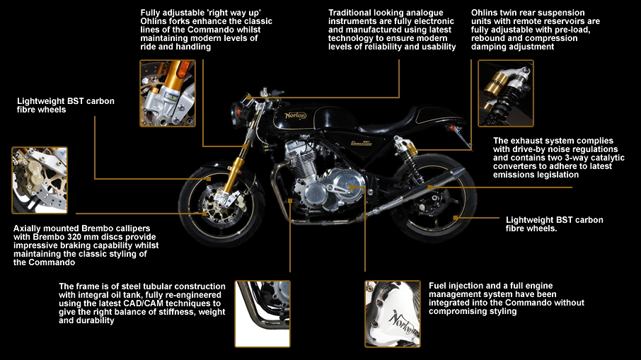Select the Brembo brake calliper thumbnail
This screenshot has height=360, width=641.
point(40,180)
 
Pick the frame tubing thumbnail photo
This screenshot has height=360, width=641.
point(262,313)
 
